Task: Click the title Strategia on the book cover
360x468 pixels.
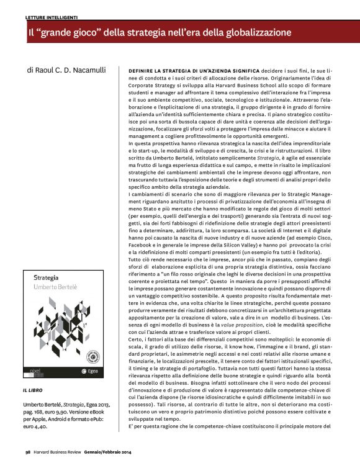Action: [50, 279]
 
